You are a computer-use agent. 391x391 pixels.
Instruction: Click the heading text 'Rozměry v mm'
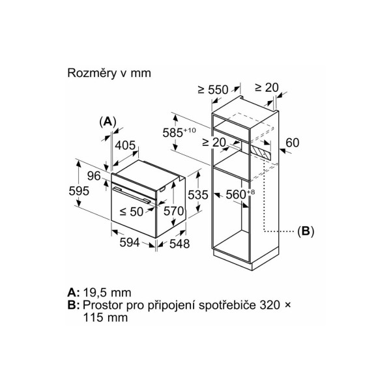point(109,73)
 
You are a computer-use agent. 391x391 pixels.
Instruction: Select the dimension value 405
point(125,145)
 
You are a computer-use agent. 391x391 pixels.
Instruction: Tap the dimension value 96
point(94,176)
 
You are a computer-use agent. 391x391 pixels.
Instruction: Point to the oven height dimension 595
point(79,191)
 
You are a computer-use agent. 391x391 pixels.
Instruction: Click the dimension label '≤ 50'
point(132,212)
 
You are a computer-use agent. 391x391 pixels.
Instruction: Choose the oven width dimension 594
point(130,242)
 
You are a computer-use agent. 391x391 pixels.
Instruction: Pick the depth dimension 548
point(180,244)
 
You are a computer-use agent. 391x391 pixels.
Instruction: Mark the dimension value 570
point(173,211)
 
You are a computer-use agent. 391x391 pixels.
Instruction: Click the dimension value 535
point(197,195)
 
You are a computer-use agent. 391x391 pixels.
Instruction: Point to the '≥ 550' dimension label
point(213,90)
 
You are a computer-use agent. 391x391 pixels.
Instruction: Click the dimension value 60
point(292,143)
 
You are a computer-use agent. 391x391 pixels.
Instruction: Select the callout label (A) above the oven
point(108,122)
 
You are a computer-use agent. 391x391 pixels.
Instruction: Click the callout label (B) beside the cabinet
point(306,231)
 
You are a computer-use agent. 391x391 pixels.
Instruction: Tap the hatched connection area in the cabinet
point(261,152)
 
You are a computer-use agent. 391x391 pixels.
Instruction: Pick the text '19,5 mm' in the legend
point(107,293)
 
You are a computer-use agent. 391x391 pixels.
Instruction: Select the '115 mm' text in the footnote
point(105,317)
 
